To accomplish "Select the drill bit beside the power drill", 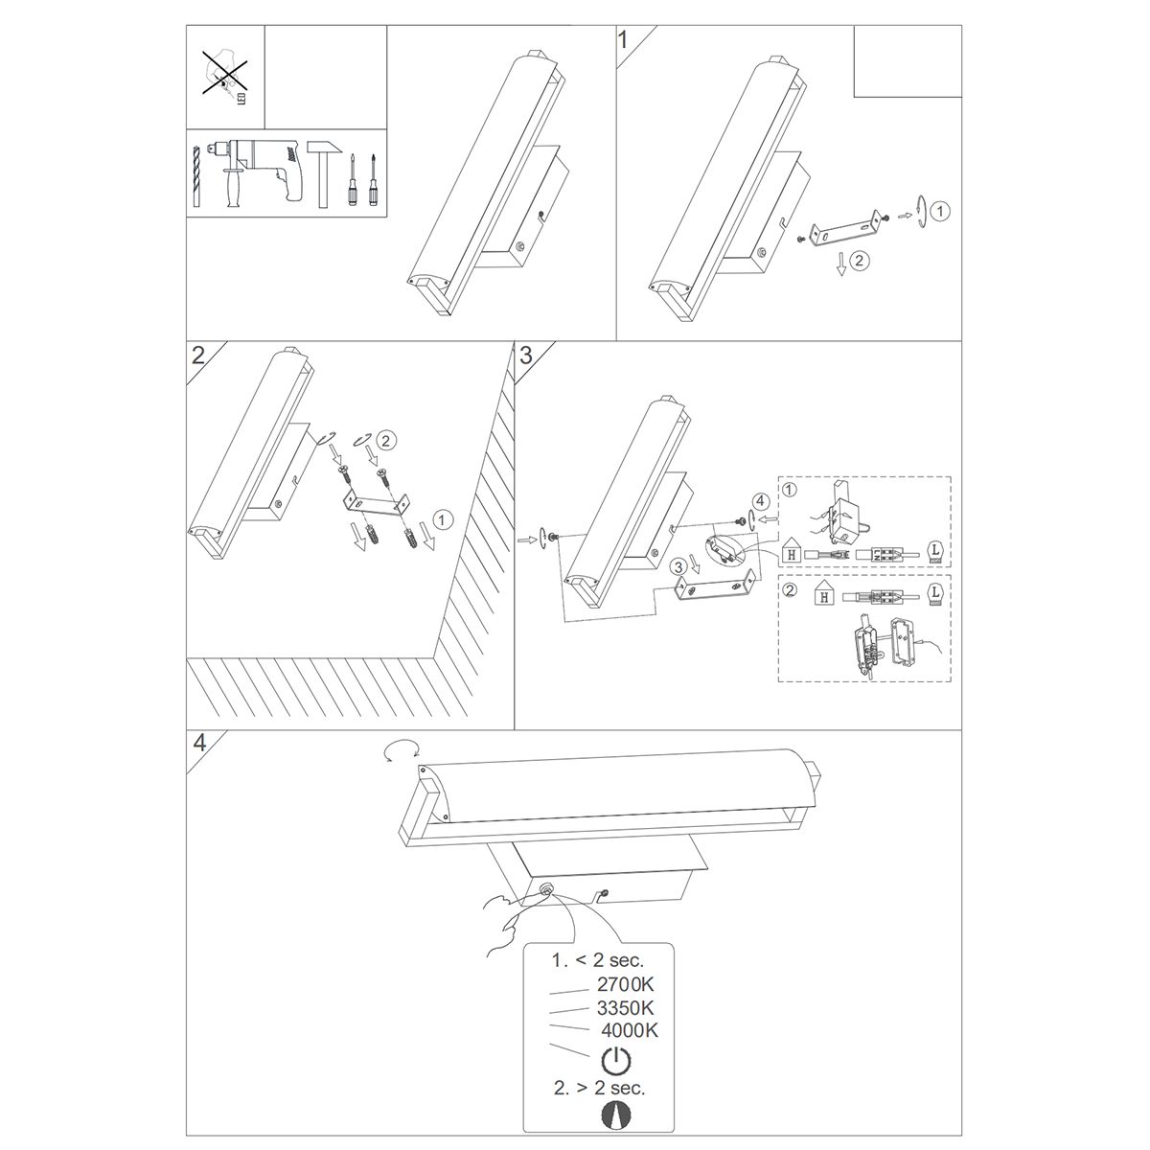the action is click(197, 176).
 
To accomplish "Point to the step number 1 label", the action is click(623, 40).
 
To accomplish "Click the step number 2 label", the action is click(198, 356).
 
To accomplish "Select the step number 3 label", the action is click(525, 356).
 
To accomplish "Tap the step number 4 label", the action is click(199, 743).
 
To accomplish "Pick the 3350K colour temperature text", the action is click(626, 1008).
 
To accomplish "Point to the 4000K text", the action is click(629, 1030).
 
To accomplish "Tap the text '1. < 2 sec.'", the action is click(598, 960).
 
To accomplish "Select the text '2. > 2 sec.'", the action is click(599, 1088).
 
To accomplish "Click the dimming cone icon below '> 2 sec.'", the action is click(615, 1115).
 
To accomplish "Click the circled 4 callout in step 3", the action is click(758, 500).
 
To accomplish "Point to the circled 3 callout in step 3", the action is click(678, 565).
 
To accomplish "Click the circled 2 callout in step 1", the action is click(858, 261).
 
